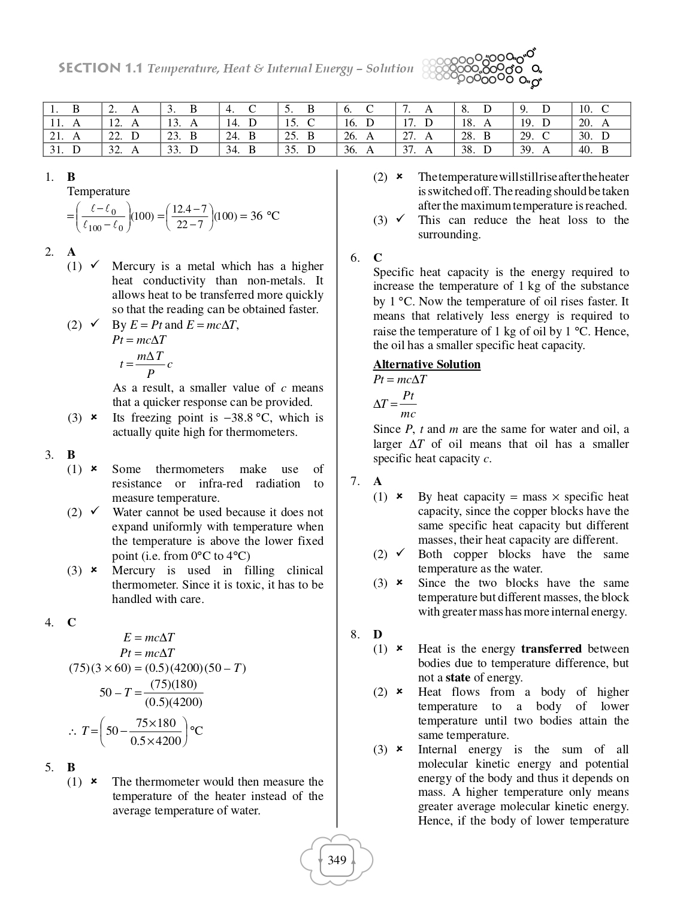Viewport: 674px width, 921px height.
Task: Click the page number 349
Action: click(337, 861)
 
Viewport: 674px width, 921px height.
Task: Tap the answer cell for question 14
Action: click(249, 123)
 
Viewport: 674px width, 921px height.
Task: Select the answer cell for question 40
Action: click(601, 150)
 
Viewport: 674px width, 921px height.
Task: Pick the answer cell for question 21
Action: click(72, 136)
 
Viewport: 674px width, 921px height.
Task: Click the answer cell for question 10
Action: click(601, 109)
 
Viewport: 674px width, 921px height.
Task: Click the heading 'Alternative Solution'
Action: click(427, 365)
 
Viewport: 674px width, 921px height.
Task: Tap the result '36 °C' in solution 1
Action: click(264, 216)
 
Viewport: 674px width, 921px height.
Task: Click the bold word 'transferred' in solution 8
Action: click(551, 649)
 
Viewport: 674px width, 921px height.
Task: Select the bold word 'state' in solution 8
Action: click(458, 678)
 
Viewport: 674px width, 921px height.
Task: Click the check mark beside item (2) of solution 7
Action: click(400, 554)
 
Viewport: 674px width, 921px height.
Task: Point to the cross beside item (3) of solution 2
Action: click(94, 418)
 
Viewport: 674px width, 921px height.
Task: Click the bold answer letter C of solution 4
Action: click(71, 623)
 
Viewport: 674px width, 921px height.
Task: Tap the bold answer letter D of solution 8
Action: click(377, 635)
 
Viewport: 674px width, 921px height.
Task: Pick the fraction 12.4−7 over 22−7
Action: click(189, 217)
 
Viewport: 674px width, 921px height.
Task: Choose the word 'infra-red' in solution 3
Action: click(220, 484)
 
